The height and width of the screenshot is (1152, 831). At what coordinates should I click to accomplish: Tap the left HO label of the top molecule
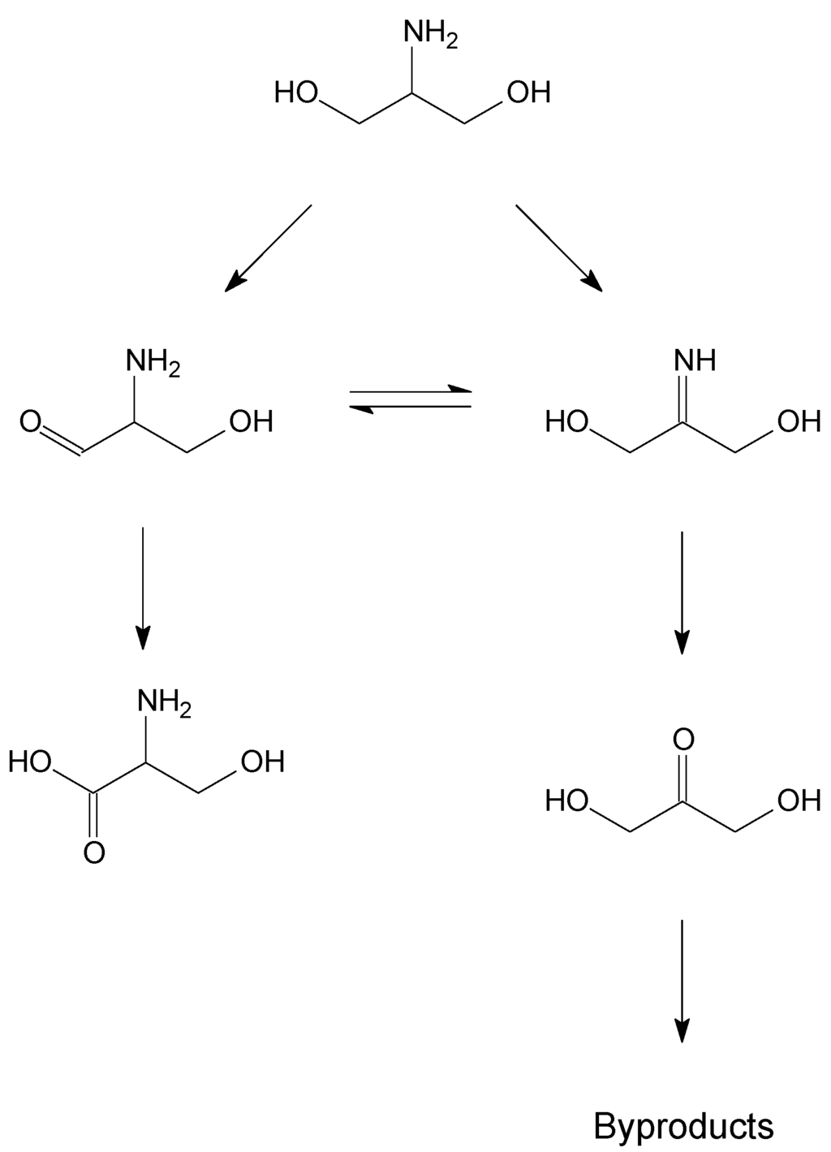296,92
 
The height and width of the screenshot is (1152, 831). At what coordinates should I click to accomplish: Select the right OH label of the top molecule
529,92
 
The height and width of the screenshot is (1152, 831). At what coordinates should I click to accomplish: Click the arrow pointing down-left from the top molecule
267,248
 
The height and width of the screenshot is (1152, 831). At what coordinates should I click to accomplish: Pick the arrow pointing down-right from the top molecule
560,248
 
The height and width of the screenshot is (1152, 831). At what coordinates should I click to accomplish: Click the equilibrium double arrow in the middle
410,399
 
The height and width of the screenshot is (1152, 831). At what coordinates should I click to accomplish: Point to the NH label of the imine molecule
695,360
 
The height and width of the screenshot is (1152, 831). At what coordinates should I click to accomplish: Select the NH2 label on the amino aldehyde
153,362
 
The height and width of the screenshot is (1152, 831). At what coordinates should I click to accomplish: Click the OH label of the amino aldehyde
252,422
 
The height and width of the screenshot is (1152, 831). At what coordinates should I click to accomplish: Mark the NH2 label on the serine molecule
165,702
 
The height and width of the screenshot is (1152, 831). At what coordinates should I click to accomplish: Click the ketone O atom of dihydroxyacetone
683,739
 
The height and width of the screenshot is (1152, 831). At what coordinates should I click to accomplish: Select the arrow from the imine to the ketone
682,592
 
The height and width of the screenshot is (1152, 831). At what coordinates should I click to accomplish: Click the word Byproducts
683,1126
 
